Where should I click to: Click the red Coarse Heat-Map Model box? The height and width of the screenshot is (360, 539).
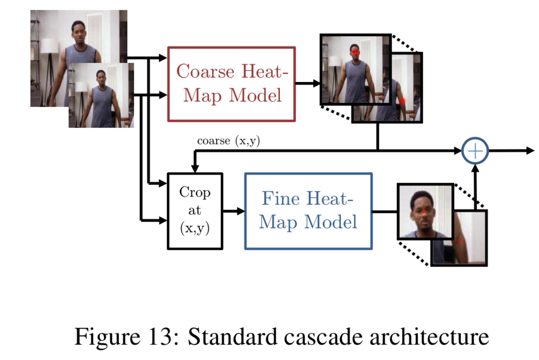pyautogui.click(x=231, y=84)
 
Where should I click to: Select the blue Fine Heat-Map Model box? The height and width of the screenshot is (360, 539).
pyautogui.click(x=308, y=211)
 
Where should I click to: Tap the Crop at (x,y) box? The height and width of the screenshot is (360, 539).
pyautogui.click(x=195, y=211)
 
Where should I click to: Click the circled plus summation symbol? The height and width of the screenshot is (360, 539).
pyautogui.click(x=475, y=151)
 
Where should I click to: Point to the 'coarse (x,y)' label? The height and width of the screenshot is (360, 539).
pyautogui.click(x=229, y=141)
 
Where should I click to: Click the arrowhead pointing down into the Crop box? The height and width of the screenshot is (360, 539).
pyautogui.click(x=195, y=168)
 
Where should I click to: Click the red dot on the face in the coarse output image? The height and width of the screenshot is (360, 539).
pyautogui.click(x=356, y=53)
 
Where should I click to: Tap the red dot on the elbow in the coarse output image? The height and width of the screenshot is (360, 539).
pyautogui.click(x=402, y=101)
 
